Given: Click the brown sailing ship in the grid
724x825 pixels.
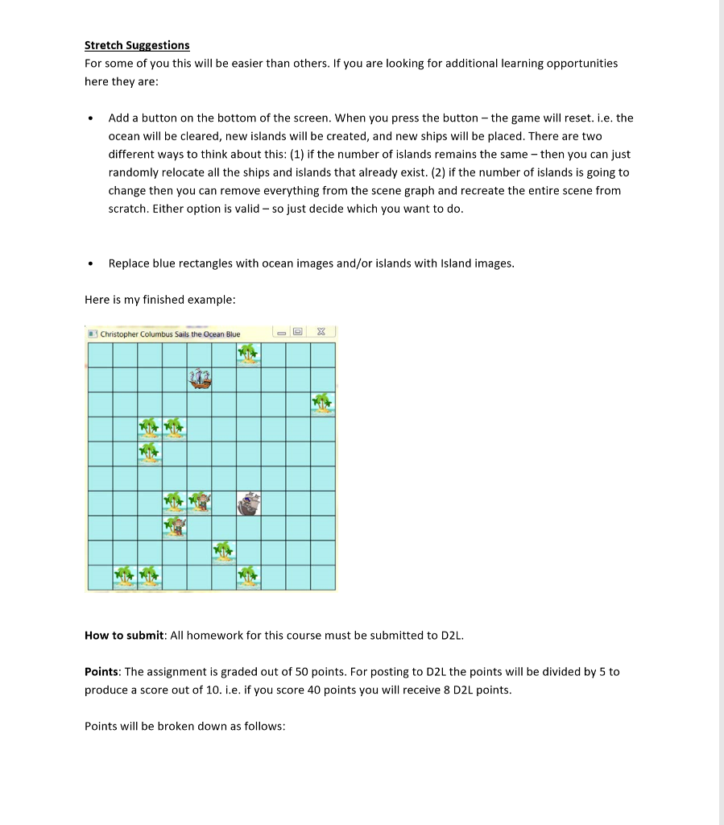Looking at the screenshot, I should point(200,379).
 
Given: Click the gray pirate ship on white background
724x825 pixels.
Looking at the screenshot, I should point(249,503).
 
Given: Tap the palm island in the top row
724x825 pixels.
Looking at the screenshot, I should point(249,354).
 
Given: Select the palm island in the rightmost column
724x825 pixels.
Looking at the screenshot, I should point(323,403).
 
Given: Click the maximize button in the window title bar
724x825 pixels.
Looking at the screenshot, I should point(299,332).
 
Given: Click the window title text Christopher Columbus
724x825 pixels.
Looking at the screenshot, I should point(170,334).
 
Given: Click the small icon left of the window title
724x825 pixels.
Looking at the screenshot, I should point(93,334).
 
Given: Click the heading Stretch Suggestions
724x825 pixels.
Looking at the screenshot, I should point(137,45).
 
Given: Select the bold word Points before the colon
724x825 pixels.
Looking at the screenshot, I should point(101,672).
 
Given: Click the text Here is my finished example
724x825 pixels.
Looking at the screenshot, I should point(159,300).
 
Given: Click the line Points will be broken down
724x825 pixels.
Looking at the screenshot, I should point(184,727).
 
